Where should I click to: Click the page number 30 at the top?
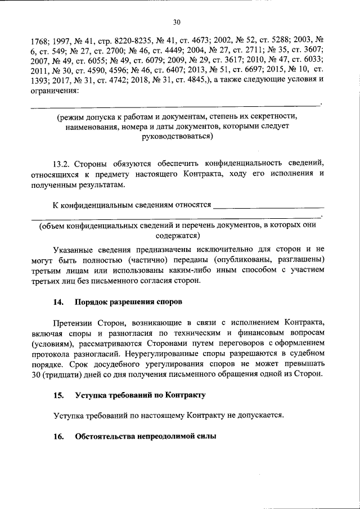point(177,22)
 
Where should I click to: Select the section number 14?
point(57,302)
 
